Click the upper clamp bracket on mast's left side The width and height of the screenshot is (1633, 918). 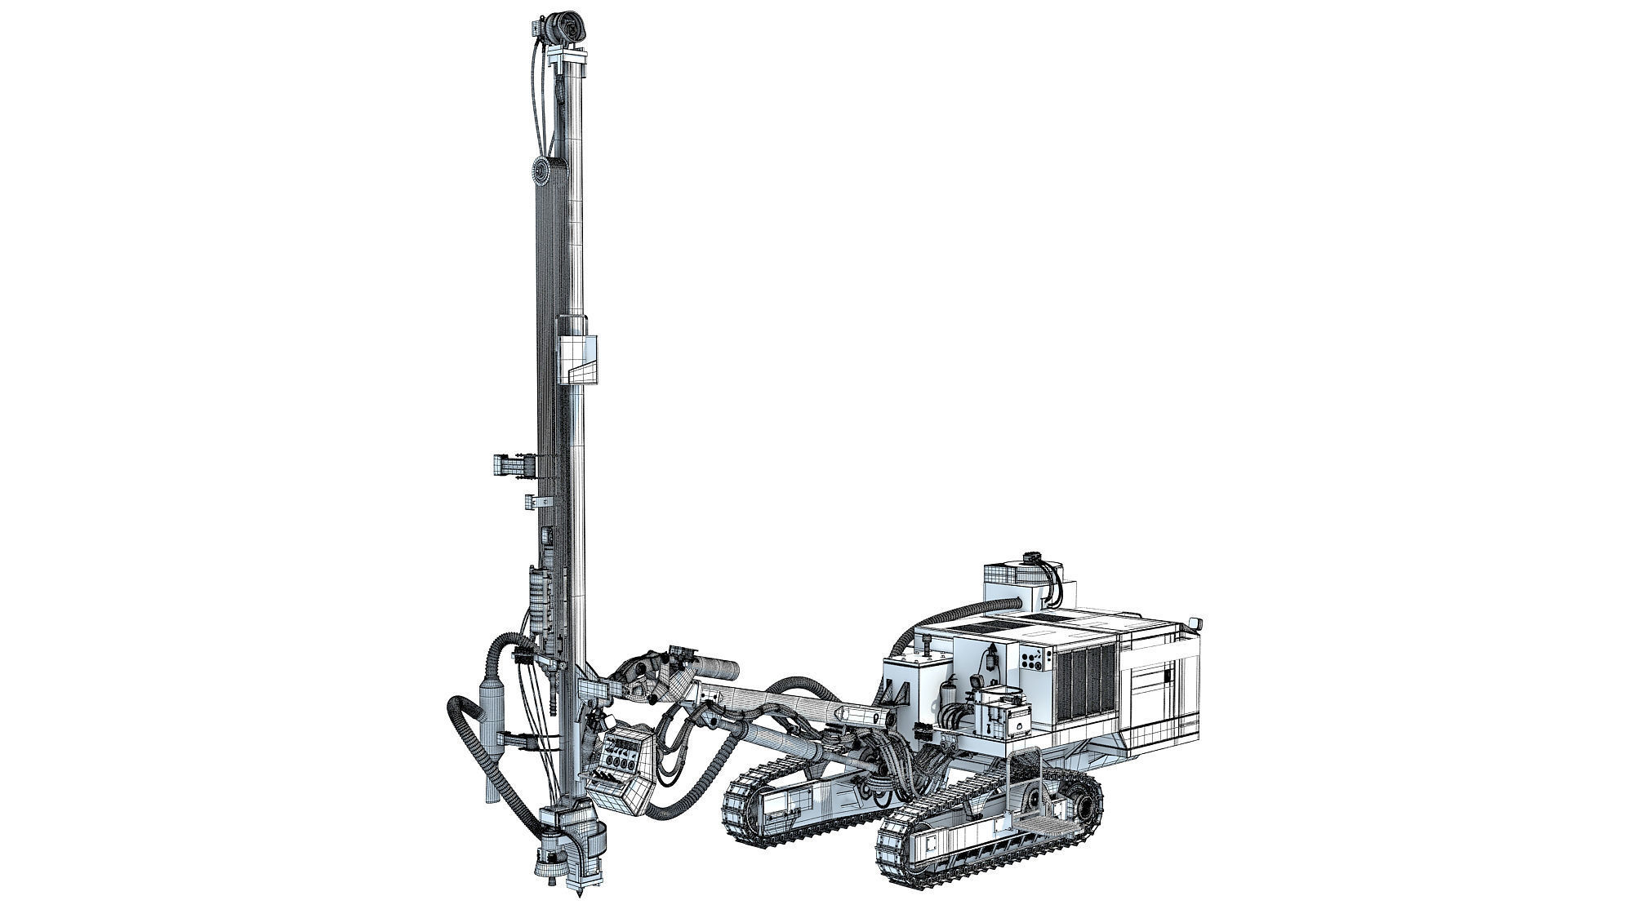click(513, 466)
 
